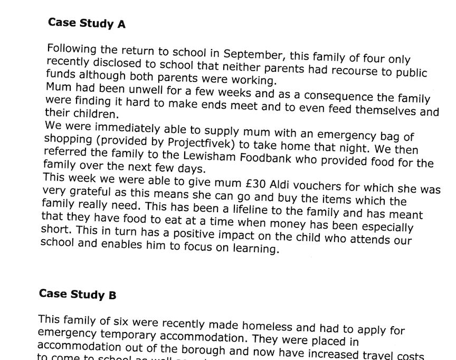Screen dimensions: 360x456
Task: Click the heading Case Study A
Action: tap(87, 23)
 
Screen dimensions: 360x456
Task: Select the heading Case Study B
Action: tap(78, 294)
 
